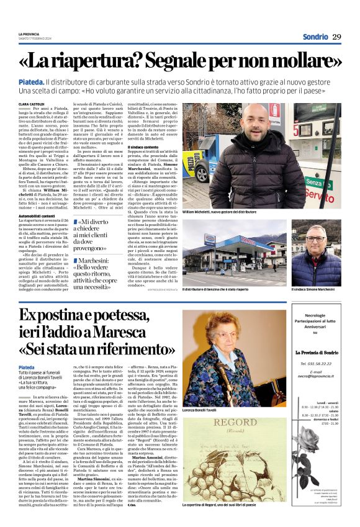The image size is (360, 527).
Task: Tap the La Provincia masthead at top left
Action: tap(29, 34)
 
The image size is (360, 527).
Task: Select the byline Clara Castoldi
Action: tap(32, 104)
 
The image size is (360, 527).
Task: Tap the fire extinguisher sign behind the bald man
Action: tap(274, 111)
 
